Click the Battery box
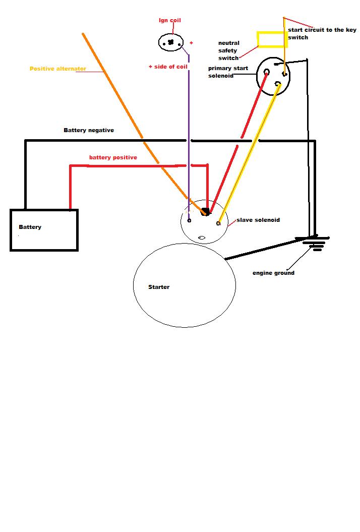tap(44, 230)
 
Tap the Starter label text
tap(159, 287)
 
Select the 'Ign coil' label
tap(170, 21)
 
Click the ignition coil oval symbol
tap(171, 42)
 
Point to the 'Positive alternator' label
tap(58, 69)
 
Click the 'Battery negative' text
tap(89, 130)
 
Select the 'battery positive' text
tap(113, 157)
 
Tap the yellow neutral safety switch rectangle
tap(272, 39)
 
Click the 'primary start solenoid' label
tap(228, 72)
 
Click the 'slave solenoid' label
tap(258, 220)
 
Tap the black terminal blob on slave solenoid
tap(205, 212)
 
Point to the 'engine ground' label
tap(273, 273)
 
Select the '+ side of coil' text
tap(168, 67)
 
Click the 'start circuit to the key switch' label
tap(322, 34)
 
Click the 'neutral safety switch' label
tap(228, 50)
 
